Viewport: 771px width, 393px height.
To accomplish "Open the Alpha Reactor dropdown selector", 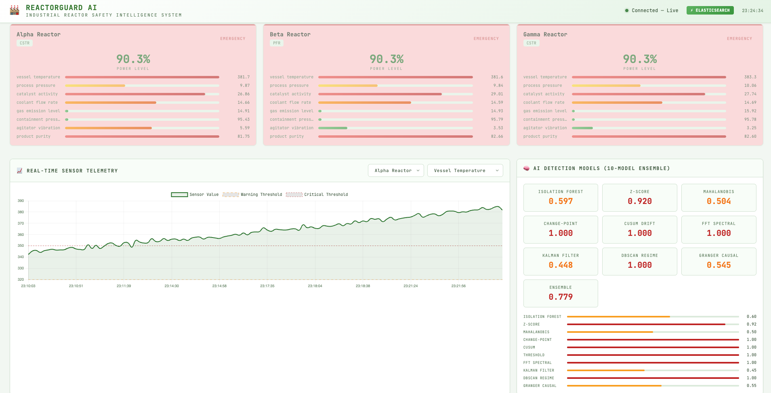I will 396,170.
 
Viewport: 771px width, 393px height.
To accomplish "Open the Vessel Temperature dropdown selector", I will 465,170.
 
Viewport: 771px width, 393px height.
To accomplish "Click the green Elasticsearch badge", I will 710,11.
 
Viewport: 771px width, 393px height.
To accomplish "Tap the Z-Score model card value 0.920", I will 639,201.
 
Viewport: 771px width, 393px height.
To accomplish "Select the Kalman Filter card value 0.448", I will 561,265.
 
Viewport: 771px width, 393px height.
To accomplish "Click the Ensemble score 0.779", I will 561,297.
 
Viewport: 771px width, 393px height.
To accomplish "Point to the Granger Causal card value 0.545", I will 718,265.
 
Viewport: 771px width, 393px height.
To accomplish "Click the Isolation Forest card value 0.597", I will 561,201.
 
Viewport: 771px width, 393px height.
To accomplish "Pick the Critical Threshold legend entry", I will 317,195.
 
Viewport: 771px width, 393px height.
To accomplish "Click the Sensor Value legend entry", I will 195,195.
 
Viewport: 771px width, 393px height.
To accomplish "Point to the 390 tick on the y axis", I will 21,201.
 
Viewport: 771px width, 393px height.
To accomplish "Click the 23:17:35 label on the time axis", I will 267,286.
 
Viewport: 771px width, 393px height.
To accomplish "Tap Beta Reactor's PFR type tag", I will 277,43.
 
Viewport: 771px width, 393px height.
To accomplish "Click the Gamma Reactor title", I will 545,34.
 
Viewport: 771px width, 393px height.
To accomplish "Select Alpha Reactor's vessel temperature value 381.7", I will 244,77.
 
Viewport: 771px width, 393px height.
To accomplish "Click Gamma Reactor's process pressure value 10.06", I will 750,86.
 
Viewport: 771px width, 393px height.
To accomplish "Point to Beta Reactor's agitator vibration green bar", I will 333,128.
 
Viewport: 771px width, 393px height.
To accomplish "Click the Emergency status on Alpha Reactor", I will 233,39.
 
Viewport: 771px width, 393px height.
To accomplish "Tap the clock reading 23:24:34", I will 752,11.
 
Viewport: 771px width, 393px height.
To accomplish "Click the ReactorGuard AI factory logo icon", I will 15,10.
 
